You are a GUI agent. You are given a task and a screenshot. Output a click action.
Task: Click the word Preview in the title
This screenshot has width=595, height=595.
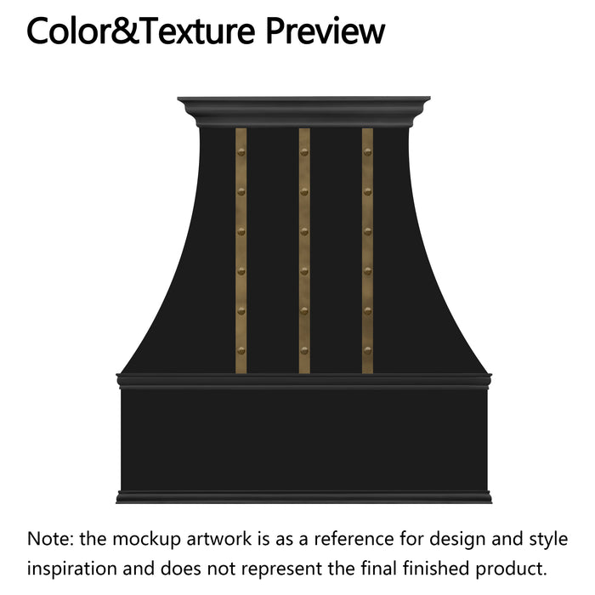tap(326, 31)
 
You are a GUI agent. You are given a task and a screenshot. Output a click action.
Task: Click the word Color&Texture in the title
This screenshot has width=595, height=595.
tap(143, 31)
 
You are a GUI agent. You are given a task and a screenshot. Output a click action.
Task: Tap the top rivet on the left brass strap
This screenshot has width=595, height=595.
tap(241, 152)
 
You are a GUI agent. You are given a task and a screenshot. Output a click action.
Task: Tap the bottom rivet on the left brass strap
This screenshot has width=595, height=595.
tap(241, 350)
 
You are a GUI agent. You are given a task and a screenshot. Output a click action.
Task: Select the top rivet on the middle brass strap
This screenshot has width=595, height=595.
tap(304, 152)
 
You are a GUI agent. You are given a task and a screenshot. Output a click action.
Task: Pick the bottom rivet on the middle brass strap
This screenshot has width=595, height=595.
tap(304, 350)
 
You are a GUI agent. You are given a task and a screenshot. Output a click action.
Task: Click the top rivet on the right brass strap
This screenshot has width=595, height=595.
tap(367, 152)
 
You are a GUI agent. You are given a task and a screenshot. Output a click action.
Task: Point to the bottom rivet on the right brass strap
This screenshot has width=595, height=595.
tap(367, 350)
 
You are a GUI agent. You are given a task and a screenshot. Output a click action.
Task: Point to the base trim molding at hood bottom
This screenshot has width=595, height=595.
tap(303, 496)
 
